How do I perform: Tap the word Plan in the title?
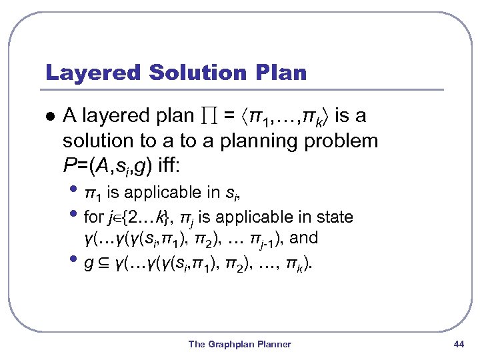tap(280, 73)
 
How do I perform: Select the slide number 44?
tap(458, 344)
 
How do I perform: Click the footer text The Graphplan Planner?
tap(240, 344)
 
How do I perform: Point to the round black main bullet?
tap(49, 116)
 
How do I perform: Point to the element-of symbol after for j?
tap(119, 218)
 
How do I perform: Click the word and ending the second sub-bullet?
tap(304, 237)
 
